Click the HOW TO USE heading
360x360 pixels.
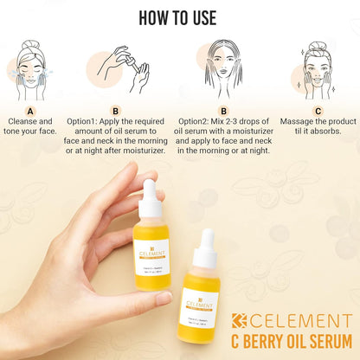pos(179,18)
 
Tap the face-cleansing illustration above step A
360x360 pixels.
pos(34,66)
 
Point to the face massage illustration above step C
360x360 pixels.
pos(318,66)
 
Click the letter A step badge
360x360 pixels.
pos(30,111)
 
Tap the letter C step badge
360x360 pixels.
pos(318,111)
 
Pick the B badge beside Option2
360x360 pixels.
pos(223,111)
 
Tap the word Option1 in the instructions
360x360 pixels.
pos(92,122)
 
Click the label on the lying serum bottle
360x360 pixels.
pos(198,308)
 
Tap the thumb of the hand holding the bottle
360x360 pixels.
pos(144,299)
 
